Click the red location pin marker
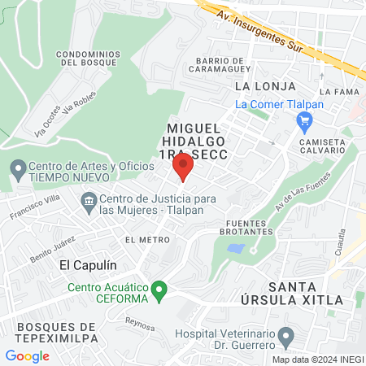click(182, 167)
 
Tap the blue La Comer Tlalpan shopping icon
click(305, 124)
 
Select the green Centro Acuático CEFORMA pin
click(160, 289)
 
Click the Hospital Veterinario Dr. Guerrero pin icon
click(285, 336)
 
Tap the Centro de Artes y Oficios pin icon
click(17, 170)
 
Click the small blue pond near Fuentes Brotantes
click(236, 247)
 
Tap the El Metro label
click(147, 240)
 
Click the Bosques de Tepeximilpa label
click(57, 332)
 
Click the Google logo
click(27, 356)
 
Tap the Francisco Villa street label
click(35, 209)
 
